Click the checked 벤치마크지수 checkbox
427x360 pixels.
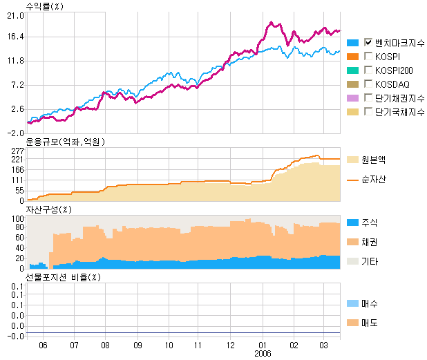(368, 41)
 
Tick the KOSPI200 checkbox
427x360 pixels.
(368, 69)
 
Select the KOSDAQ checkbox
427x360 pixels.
(368, 83)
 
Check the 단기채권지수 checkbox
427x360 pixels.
(368, 97)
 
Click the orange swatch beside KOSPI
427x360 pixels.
(352, 56)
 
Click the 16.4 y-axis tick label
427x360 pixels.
(15, 37)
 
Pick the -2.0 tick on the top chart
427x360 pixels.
(15, 133)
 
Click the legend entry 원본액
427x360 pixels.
(373, 159)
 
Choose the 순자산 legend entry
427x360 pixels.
(373, 179)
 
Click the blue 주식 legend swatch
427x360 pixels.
(352, 222)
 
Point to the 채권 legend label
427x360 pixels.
(370, 243)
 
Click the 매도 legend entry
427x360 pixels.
(370, 323)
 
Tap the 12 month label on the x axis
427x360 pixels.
(230, 343)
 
